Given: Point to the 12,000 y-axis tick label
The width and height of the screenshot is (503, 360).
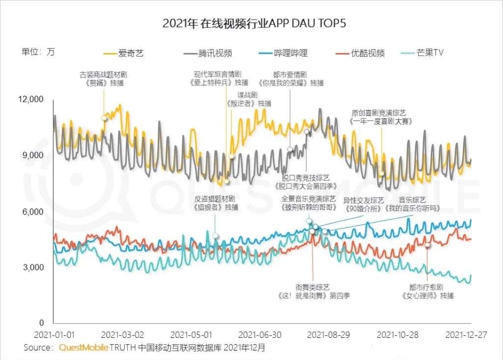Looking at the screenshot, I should pyautogui.click(x=30, y=100).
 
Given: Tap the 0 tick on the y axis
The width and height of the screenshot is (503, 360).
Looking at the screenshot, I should pyautogui.click(x=41, y=323).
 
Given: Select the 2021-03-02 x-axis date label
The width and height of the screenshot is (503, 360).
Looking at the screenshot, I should pyautogui.click(x=122, y=335).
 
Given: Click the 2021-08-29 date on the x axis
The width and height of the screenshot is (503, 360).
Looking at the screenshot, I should pyautogui.click(x=329, y=335).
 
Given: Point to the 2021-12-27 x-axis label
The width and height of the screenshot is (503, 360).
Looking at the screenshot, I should pyautogui.click(x=466, y=335).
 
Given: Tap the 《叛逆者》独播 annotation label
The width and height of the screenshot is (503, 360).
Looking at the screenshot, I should pyautogui.click(x=249, y=104).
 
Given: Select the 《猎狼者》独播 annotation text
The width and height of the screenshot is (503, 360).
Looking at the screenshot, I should pyautogui.click(x=216, y=207).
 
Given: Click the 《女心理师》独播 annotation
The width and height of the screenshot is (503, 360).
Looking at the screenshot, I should pyautogui.click(x=427, y=296).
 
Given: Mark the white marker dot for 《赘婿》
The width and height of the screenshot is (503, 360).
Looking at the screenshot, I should pyautogui.click(x=104, y=118).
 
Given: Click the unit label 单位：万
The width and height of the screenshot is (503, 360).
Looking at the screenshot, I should pyautogui.click(x=38, y=52).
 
